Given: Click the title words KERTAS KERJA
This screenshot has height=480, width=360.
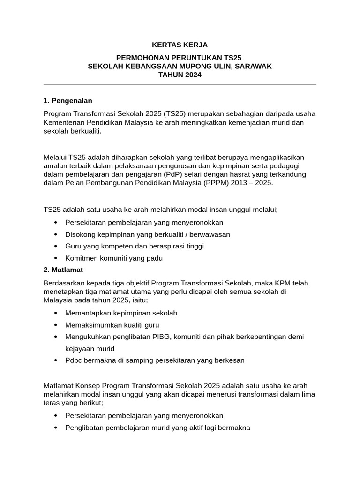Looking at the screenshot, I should (x=180, y=45).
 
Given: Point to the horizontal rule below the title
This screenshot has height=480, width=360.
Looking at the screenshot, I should (x=180, y=84).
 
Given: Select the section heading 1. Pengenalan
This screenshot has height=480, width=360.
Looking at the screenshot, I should (x=67, y=100).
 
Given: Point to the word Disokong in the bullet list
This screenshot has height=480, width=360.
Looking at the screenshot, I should (x=80, y=234).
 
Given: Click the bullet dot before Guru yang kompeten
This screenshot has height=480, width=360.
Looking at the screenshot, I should (x=56, y=246).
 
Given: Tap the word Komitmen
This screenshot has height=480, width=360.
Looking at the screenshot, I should (x=82, y=258).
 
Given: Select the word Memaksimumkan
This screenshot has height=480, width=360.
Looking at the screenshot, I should (x=90, y=324).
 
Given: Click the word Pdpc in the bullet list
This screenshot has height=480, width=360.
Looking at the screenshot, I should (x=73, y=360).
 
